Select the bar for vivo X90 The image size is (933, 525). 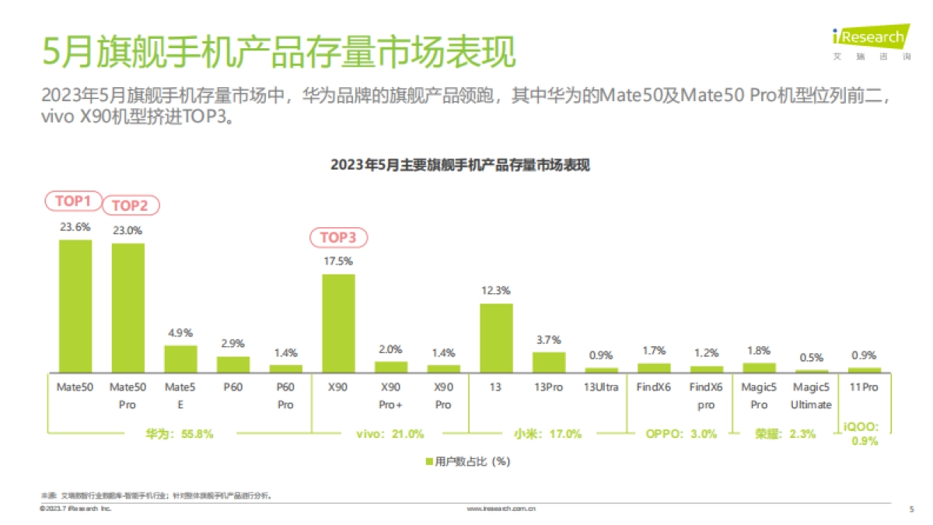click(x=338, y=323)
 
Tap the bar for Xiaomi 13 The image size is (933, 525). click(x=496, y=338)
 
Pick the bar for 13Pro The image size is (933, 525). click(x=549, y=362)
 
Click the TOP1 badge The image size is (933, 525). click(x=73, y=201)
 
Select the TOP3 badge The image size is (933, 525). click(x=338, y=237)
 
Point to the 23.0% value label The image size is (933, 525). click(x=128, y=230)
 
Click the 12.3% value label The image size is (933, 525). click(x=496, y=291)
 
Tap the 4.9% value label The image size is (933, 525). click(x=180, y=333)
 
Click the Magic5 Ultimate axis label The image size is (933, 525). click(x=811, y=395)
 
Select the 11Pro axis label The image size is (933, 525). click(x=864, y=387)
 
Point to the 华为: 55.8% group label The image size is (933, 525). click(x=179, y=434)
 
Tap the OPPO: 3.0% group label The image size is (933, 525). click(x=681, y=434)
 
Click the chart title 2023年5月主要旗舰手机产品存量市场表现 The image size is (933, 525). click(x=461, y=165)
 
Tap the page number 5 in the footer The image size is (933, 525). click(x=911, y=509)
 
